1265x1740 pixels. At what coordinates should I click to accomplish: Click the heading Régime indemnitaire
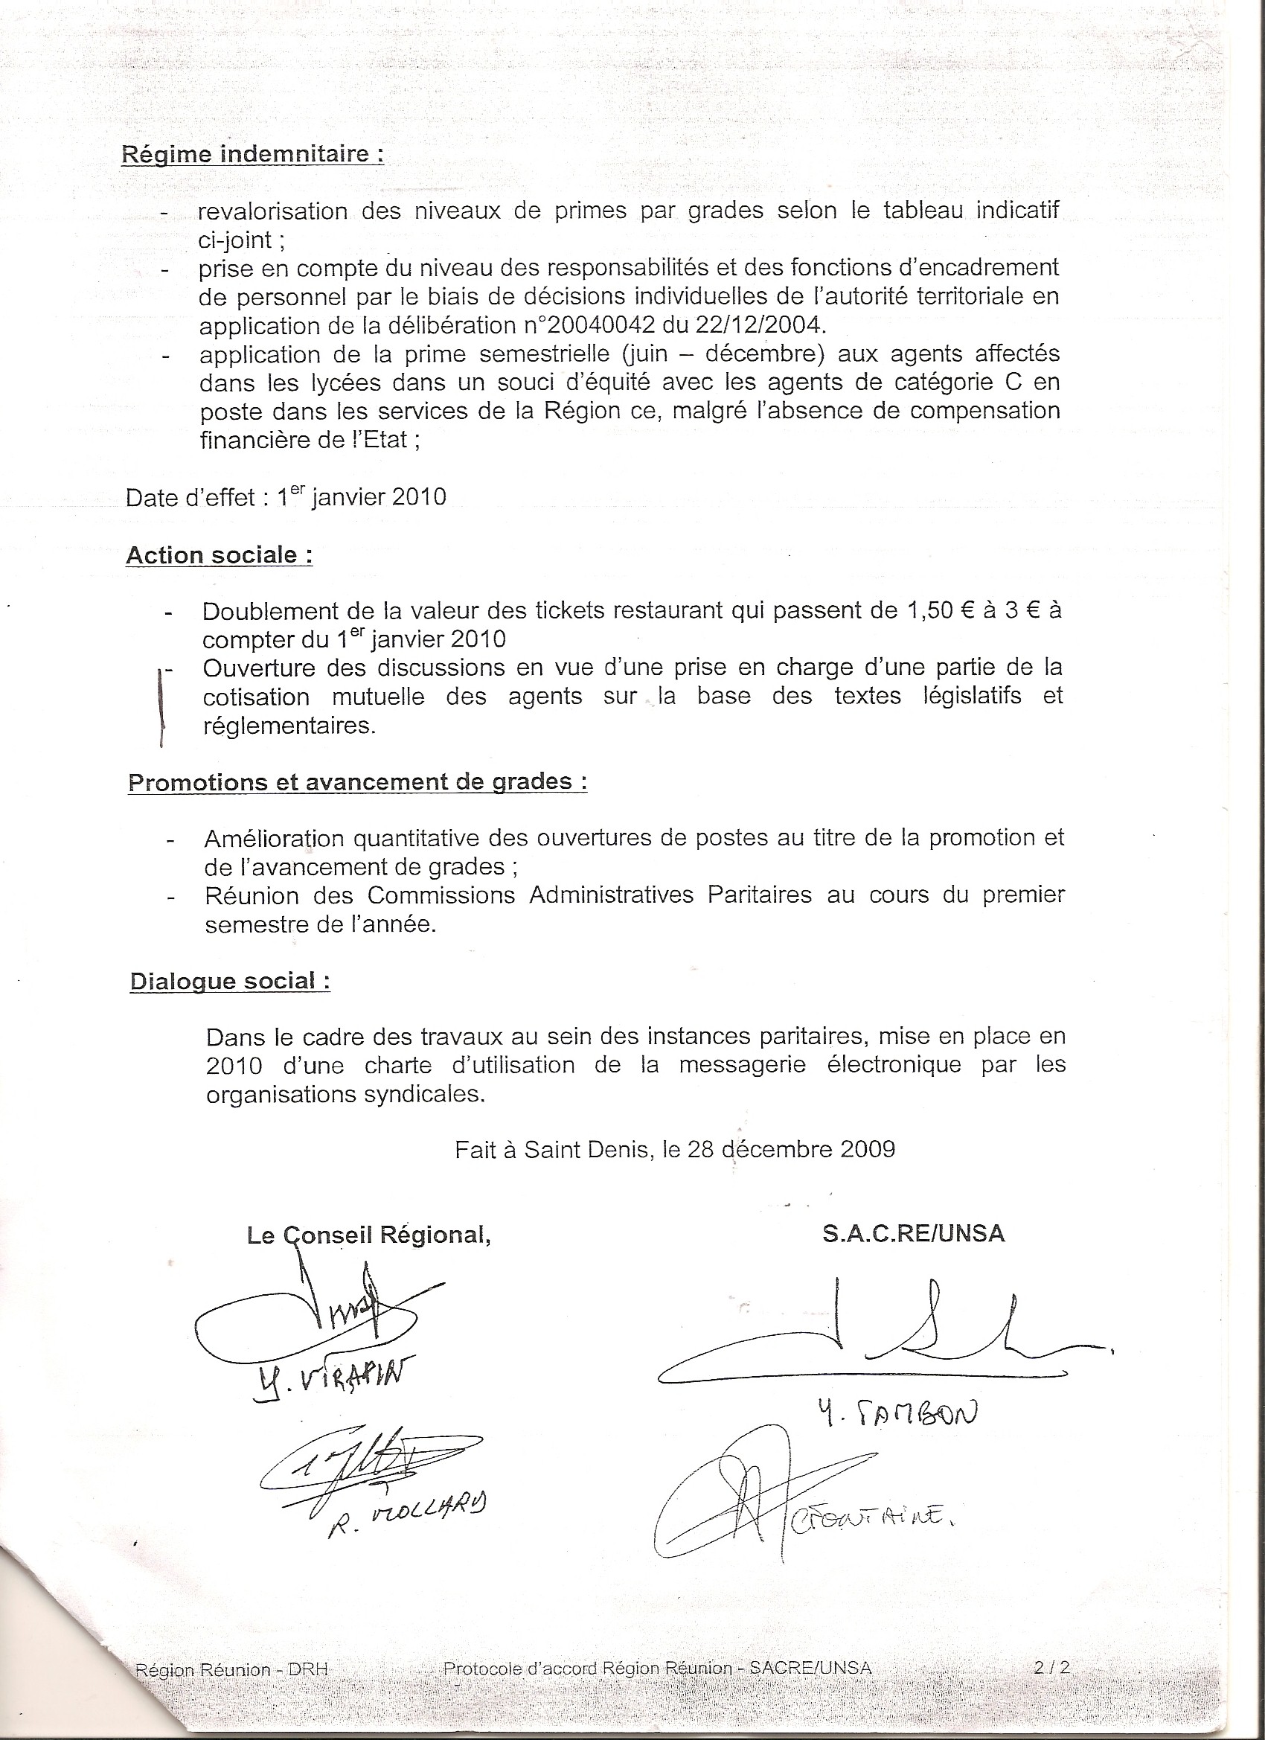point(252,155)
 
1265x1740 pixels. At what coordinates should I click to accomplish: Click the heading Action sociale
point(220,555)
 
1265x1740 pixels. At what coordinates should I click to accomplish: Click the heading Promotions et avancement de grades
point(357,782)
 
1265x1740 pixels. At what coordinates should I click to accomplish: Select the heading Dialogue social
point(230,981)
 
